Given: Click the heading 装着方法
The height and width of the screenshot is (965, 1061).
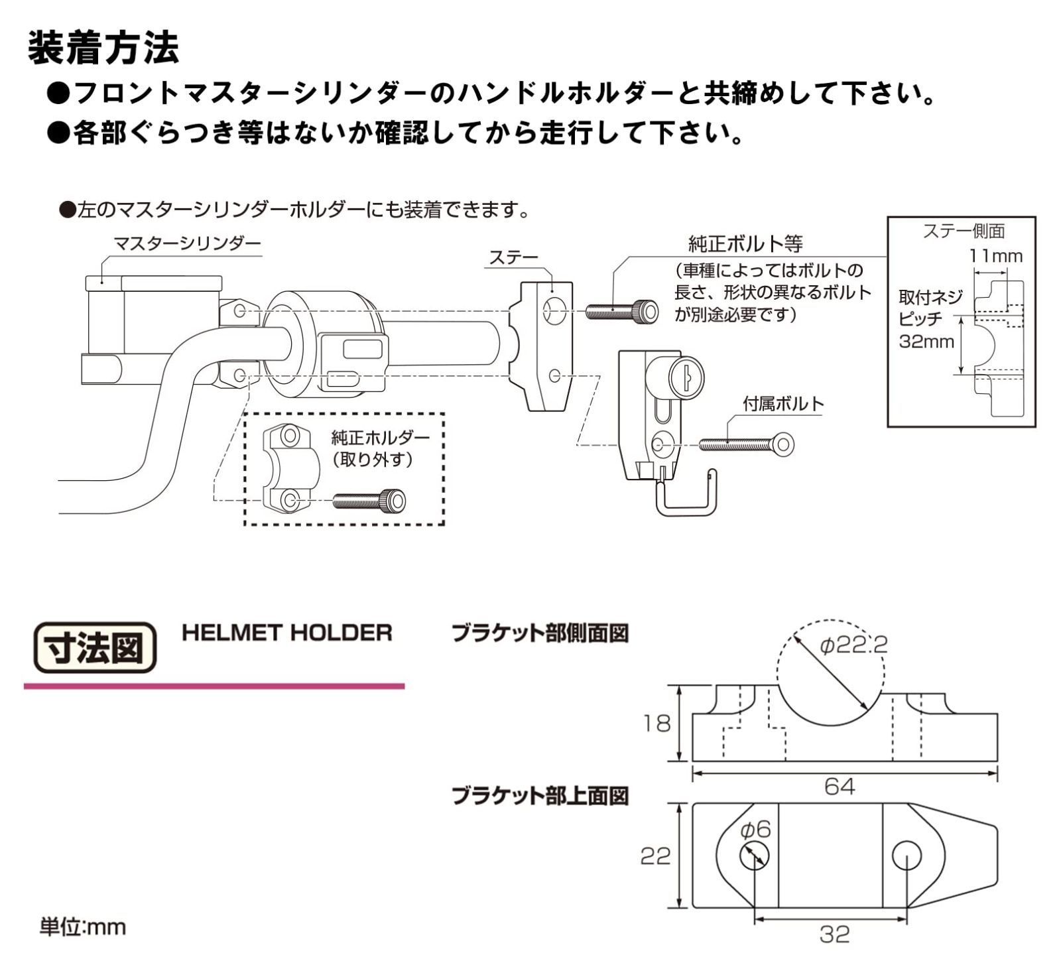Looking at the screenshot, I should pyautogui.click(x=103, y=48).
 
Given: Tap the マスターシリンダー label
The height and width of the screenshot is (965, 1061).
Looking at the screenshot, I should pyautogui.click(x=187, y=244).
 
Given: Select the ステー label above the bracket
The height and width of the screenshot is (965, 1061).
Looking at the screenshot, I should pyautogui.click(x=513, y=258).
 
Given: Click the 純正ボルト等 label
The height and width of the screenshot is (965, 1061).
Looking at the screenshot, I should pyautogui.click(x=745, y=244).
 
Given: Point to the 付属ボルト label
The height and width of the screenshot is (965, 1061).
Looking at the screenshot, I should pyautogui.click(x=783, y=403).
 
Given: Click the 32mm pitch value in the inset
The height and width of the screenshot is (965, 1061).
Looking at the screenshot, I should pyautogui.click(x=926, y=342).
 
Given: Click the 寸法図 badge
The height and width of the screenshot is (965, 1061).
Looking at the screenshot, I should pyautogui.click(x=95, y=647).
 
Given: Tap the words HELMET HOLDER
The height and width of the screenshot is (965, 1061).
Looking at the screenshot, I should pyautogui.click(x=286, y=633).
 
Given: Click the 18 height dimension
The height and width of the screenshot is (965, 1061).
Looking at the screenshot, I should pyautogui.click(x=656, y=724).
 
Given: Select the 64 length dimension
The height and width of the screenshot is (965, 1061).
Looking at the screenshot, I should pyautogui.click(x=840, y=787).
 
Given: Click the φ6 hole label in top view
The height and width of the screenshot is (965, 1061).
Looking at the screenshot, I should pyautogui.click(x=755, y=829).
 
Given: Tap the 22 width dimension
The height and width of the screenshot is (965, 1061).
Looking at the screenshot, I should pyautogui.click(x=655, y=856).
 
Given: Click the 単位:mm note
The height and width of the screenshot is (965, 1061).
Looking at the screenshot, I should pyautogui.click(x=82, y=927).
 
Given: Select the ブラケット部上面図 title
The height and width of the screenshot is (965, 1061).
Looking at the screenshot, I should pyautogui.click(x=540, y=795).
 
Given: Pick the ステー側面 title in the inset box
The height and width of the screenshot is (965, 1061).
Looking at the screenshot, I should pyautogui.click(x=964, y=231).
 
